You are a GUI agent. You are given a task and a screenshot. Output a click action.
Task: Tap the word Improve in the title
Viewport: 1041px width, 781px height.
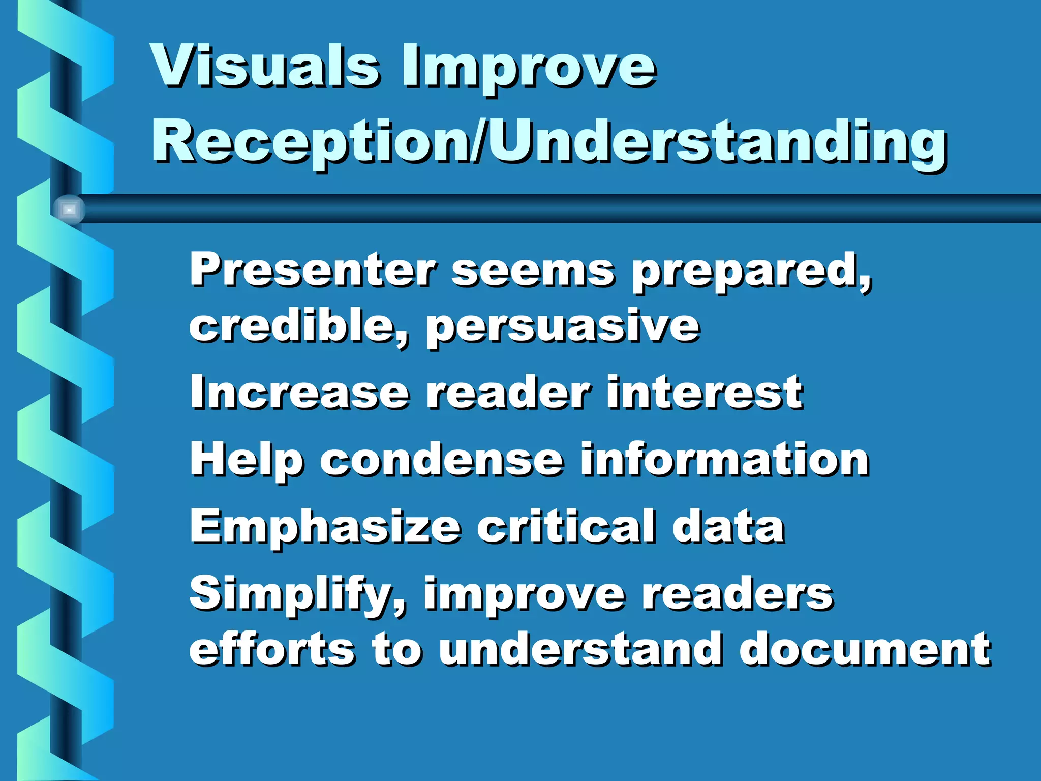click(529, 69)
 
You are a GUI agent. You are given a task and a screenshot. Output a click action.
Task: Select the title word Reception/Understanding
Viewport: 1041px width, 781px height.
click(549, 142)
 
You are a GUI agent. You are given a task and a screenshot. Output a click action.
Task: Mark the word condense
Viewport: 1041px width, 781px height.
click(442, 460)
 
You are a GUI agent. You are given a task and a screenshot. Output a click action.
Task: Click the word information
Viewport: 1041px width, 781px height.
click(725, 460)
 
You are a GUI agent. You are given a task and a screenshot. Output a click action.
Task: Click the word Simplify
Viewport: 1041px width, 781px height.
click(298, 595)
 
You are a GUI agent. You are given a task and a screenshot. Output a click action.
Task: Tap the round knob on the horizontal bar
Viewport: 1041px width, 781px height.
click(69, 209)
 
